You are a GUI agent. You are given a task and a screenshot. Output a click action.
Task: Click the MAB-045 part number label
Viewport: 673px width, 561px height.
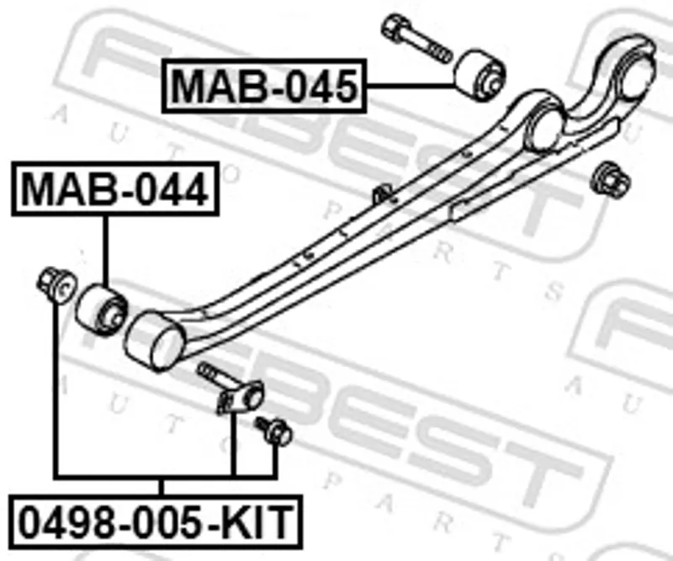pyautogui.click(x=264, y=86)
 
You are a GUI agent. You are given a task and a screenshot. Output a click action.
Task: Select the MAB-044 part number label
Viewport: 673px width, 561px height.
pyautogui.click(x=115, y=188)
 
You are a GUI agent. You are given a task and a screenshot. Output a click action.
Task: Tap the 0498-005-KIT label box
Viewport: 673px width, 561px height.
pyautogui.click(x=156, y=521)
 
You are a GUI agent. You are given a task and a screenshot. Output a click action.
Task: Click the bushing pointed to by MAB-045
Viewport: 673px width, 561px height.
pyautogui.click(x=480, y=76)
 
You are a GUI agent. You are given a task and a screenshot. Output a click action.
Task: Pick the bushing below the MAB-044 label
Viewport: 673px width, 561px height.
pyautogui.click(x=102, y=310)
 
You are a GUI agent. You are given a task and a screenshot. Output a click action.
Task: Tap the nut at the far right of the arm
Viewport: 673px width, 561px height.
pyautogui.click(x=611, y=180)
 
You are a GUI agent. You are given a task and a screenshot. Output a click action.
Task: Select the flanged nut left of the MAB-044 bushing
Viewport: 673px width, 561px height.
pyautogui.click(x=56, y=283)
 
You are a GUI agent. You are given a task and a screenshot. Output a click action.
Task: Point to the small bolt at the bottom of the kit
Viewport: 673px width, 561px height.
pyautogui.click(x=274, y=431)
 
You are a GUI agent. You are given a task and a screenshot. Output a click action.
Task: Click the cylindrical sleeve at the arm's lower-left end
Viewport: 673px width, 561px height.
pyautogui.click(x=154, y=340)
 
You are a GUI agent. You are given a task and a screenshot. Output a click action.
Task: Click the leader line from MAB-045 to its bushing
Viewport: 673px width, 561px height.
pyautogui.click(x=411, y=87)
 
